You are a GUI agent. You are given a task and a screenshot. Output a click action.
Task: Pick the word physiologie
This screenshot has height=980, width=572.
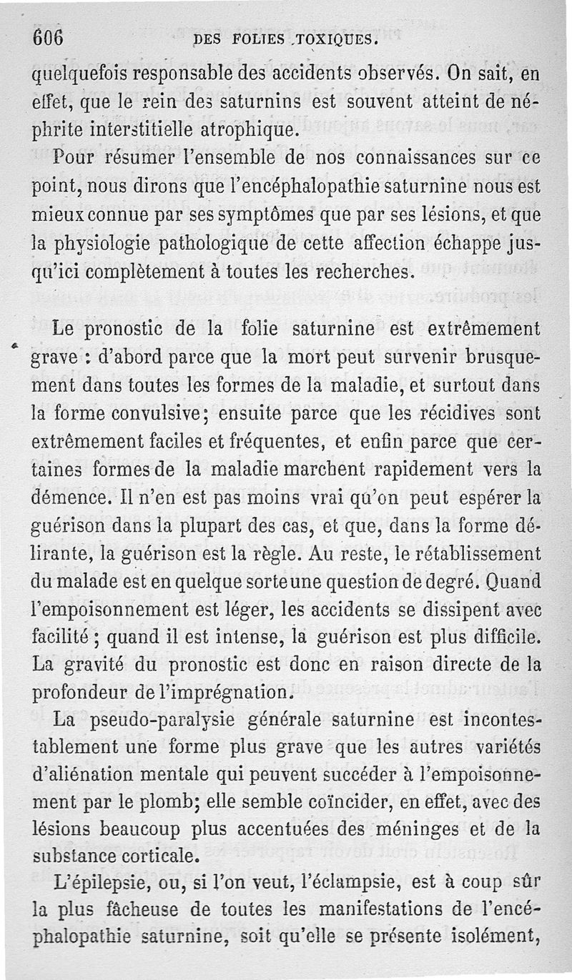pyautogui.click(x=89, y=244)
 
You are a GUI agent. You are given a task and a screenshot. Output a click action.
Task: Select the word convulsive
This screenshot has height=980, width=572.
pyautogui.click(x=174, y=414)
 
